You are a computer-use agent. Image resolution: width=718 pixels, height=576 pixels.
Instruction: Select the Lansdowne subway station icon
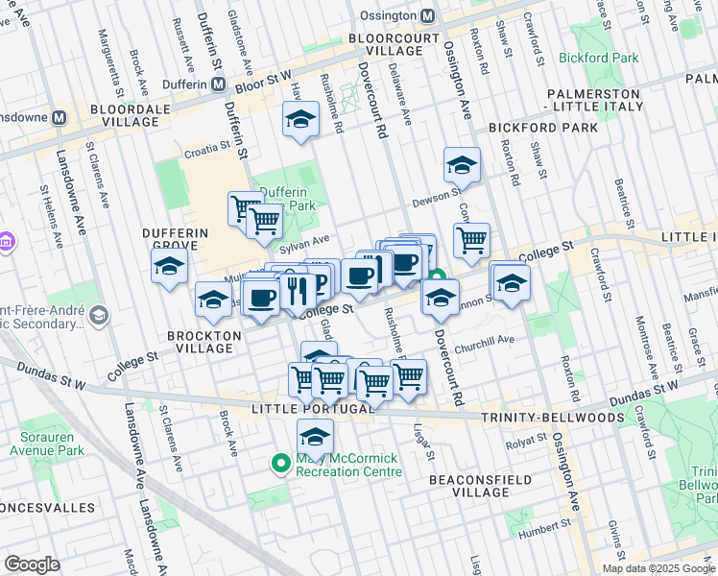[59, 117]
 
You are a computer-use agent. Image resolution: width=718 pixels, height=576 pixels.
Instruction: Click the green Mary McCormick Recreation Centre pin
[281, 464]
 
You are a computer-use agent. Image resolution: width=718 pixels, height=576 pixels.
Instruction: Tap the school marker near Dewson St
[462, 165]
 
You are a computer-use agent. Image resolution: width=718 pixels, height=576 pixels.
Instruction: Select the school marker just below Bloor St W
[300, 120]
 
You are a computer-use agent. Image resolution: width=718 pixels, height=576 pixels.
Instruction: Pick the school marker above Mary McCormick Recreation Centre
[314, 438]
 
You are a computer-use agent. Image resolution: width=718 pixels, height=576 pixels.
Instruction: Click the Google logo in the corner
[32, 564]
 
